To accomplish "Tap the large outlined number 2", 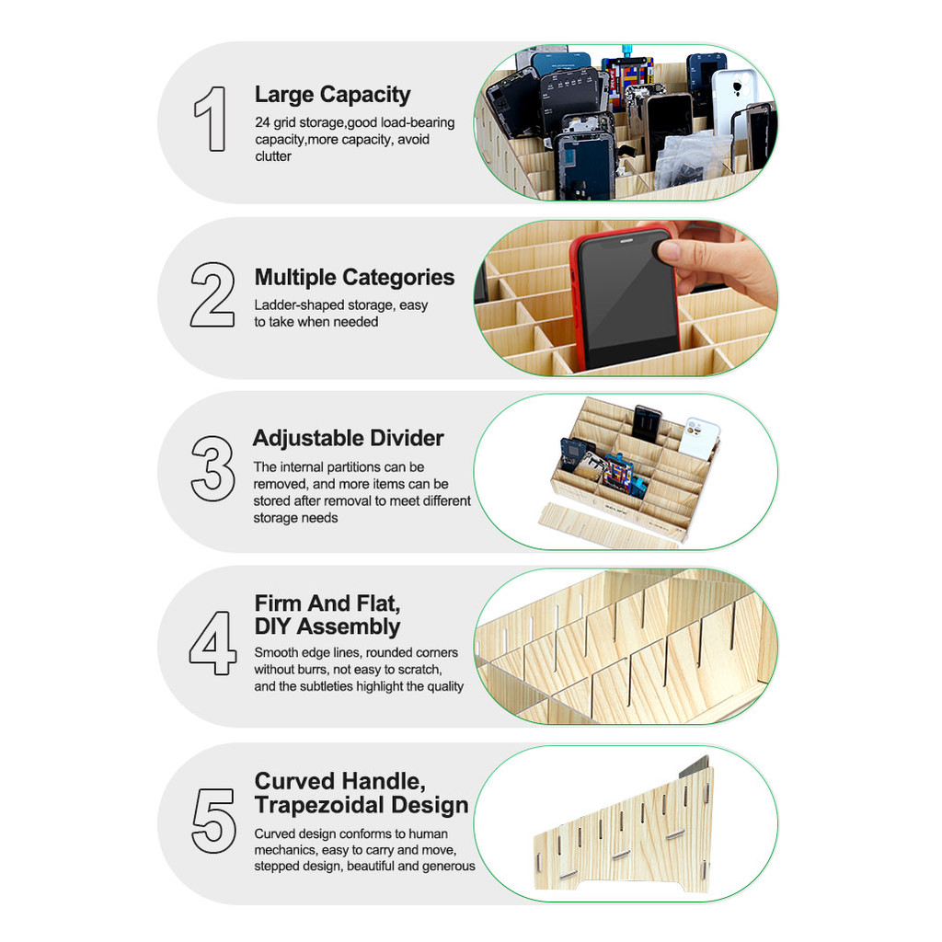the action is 213,294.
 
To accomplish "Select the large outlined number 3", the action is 213,468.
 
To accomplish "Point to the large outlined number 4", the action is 213,643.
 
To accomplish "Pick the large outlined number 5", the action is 213,821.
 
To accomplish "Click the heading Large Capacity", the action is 332,95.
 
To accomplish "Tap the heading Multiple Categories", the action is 354,277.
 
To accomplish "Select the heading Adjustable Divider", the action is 349,438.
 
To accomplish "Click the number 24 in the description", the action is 262,122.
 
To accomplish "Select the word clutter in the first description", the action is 273,156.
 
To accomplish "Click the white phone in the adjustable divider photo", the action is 698,437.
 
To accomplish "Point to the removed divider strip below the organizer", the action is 609,527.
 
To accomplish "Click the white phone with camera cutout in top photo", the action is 734,101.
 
